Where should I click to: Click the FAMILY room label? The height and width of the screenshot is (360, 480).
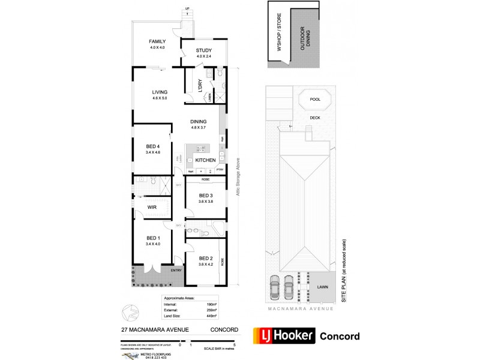(x=157, y=41)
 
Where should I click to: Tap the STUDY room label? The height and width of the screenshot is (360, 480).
(x=205, y=50)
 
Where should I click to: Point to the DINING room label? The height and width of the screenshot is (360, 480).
(x=199, y=121)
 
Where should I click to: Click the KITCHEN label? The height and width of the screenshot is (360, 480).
(x=205, y=160)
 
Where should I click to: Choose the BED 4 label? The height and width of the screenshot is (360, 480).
(x=153, y=146)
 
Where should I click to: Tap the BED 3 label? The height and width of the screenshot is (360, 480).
(x=206, y=196)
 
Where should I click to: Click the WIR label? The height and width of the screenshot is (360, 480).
(x=152, y=208)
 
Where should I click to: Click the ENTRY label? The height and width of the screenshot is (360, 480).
(x=176, y=271)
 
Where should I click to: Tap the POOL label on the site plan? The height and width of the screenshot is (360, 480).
(x=314, y=100)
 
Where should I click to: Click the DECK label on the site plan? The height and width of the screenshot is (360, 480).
(x=314, y=118)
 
